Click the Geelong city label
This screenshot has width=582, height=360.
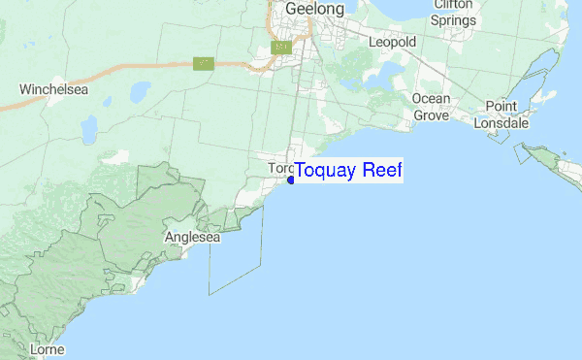click(x=314, y=10)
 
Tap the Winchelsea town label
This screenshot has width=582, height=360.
click(x=54, y=89)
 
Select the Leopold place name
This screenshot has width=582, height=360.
click(x=392, y=42)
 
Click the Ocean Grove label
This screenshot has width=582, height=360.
click(x=431, y=107)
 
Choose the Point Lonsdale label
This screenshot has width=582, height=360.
click(x=501, y=114)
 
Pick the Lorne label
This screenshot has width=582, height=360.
click(x=47, y=347)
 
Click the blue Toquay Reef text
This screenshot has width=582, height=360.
click(x=347, y=171)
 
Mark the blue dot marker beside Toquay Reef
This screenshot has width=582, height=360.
click(x=291, y=179)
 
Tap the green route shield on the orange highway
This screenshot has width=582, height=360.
click(x=203, y=64)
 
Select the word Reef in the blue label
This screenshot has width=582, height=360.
click(x=381, y=171)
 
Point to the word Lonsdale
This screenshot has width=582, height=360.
click(x=501, y=123)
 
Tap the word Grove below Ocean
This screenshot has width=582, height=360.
click(x=432, y=115)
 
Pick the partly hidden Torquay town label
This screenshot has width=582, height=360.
click(x=279, y=169)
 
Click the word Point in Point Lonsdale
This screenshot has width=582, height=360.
click(x=501, y=106)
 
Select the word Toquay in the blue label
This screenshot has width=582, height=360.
click(x=326, y=171)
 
